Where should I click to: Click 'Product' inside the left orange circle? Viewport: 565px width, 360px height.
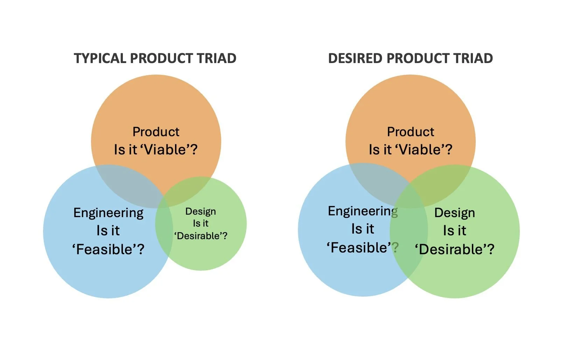pyautogui.click(x=156, y=132)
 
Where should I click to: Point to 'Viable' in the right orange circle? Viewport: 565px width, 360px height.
pyautogui.click(x=420, y=150)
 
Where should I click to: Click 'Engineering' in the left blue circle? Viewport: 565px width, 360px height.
pyautogui.click(x=108, y=213)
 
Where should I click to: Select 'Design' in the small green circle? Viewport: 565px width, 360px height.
pyautogui.click(x=201, y=212)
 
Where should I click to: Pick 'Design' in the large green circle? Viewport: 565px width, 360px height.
pyautogui.click(x=454, y=213)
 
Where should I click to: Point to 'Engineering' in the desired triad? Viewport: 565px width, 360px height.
pyautogui.click(x=363, y=211)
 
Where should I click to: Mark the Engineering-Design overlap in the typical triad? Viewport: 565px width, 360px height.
pyautogui.click(x=164, y=228)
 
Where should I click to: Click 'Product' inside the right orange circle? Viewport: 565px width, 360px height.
pyautogui.click(x=410, y=132)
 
